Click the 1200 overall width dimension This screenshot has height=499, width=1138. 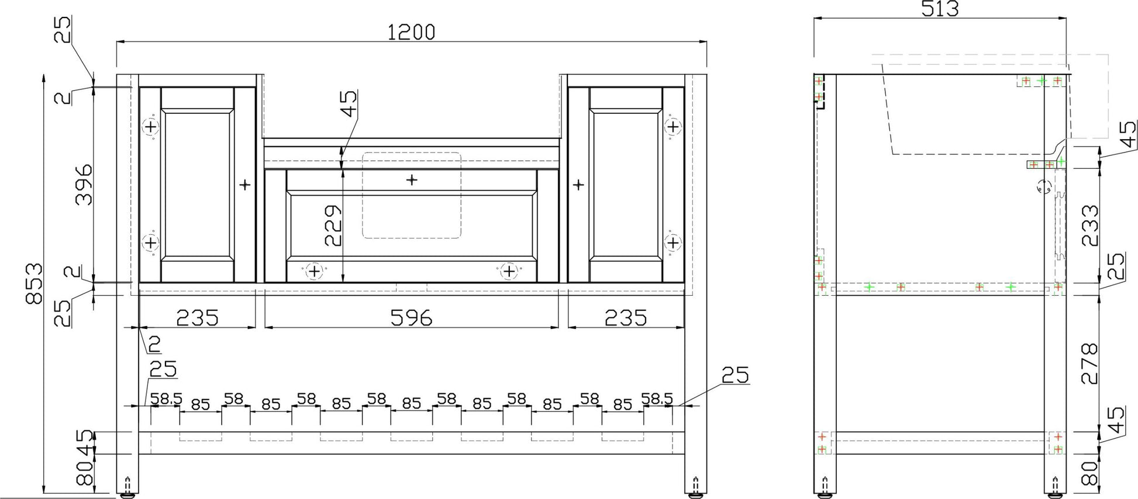pos(411,32)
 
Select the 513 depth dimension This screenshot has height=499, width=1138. pos(940,8)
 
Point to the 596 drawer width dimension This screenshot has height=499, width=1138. pos(411,318)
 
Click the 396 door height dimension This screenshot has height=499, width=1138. pos(84,184)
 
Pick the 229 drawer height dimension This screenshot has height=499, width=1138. pos(332,225)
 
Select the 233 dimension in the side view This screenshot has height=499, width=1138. pos(1089,225)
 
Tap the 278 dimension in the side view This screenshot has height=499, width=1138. pos(1089,363)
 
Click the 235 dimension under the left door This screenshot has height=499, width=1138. pos(197,318)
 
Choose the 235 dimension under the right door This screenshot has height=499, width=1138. pos(626,318)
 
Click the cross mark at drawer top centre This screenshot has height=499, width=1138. pos(412,179)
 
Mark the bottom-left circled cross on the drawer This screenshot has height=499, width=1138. pos(314,271)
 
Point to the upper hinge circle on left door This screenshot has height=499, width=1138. pos(150,127)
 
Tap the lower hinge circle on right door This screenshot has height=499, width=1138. pos(673,242)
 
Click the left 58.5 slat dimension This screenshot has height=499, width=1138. pos(166,399)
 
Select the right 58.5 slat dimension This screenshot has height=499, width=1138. pos(657,399)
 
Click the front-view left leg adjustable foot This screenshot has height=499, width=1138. pos(128,488)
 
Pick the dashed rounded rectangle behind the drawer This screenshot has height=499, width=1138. pos(411,195)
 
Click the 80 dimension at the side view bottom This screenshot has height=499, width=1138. pos(1089,473)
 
